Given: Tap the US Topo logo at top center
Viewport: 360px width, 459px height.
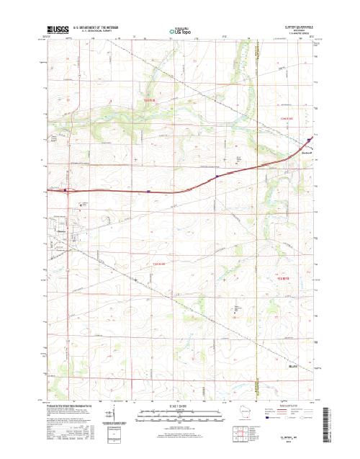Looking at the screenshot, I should point(180,31).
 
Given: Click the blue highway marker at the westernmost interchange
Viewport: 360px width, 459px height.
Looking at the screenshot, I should point(66,191).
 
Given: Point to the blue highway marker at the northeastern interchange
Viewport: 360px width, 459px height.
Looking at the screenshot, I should point(309,140).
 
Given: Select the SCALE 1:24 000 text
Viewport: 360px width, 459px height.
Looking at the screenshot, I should point(180,406).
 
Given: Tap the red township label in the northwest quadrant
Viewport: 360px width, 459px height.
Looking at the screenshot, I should point(149,101).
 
